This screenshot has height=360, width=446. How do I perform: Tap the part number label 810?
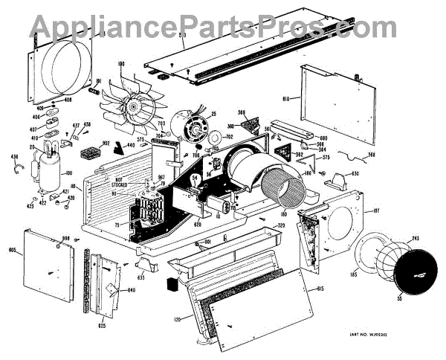pyautogui.click(x=288, y=97)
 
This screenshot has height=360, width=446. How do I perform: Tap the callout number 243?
pyautogui.click(x=414, y=238)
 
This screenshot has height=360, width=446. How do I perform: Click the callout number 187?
pyautogui.click(x=376, y=211)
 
